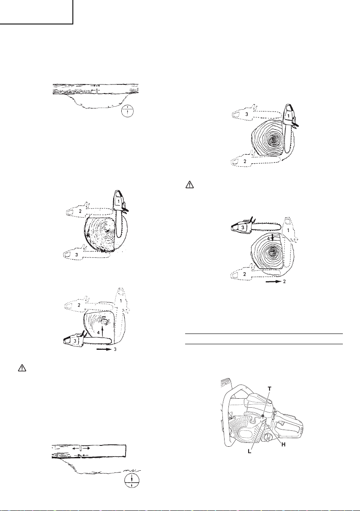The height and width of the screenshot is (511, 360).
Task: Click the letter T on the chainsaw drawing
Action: [269, 388]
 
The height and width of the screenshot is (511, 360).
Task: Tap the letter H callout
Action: [283, 445]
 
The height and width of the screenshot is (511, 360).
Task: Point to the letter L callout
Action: [249, 452]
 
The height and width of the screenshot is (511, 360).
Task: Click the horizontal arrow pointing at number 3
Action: [104, 351]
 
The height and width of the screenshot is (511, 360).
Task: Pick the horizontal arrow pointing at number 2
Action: [273, 282]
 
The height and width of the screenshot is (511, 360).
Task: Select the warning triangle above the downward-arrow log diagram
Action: [189, 185]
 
